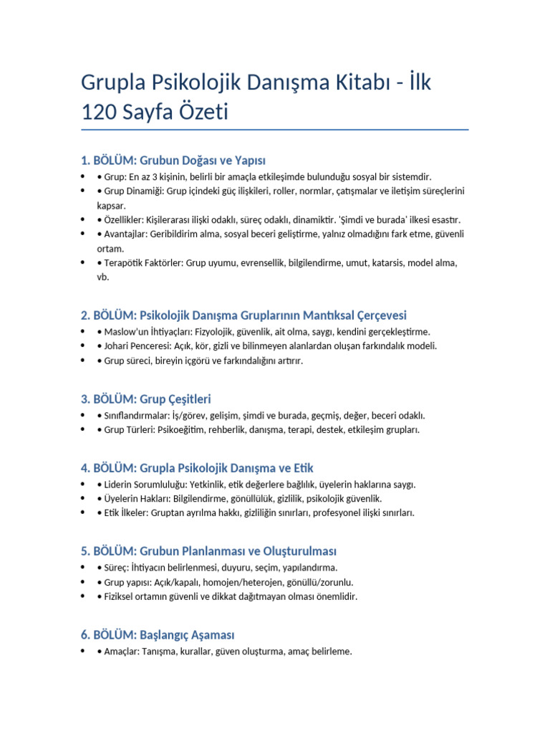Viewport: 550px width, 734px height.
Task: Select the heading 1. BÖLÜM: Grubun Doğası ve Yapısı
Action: pos(173,160)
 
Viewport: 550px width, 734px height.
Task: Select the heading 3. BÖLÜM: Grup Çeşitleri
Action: pos(146,399)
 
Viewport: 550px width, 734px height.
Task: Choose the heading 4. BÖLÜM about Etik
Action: pos(197,468)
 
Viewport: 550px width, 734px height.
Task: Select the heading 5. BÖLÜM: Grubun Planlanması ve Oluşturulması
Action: pos(208,551)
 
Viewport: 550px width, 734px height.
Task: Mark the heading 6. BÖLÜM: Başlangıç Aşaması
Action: pos(158,635)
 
